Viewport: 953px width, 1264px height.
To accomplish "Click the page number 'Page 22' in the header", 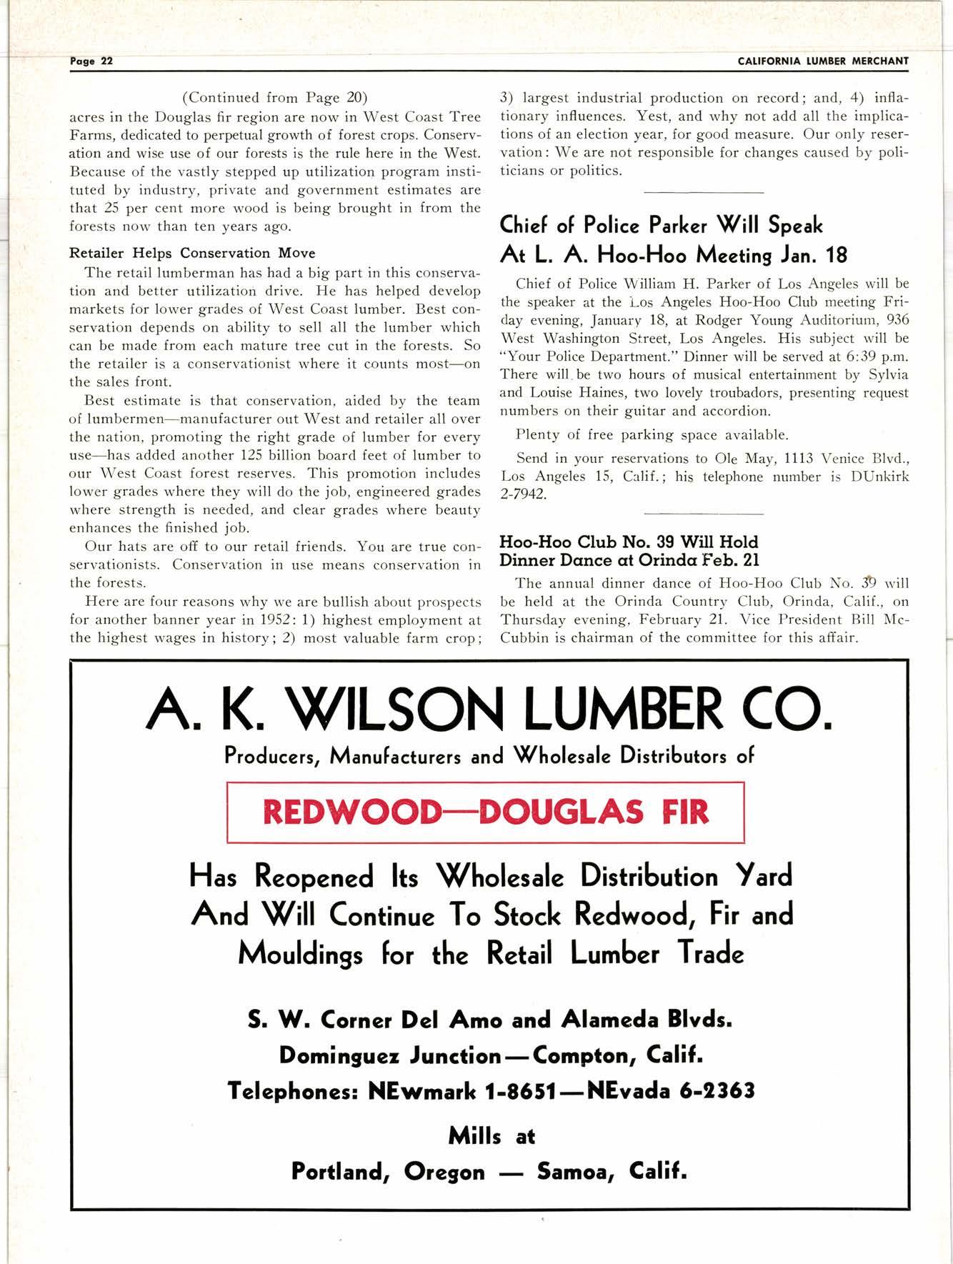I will coord(91,61).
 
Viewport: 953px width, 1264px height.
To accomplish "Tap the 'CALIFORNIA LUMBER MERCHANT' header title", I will coord(823,61).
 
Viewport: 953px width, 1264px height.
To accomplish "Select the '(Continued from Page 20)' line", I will coord(275,98).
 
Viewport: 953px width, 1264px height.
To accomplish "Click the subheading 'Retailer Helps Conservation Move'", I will coord(191,253).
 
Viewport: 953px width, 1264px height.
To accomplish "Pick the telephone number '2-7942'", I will coord(524,494).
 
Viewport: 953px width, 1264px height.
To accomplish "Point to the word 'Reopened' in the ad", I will coord(314,876).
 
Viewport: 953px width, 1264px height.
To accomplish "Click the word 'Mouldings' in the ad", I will coord(300,953).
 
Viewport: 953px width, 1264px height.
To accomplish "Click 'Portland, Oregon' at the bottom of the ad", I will coord(388,1172).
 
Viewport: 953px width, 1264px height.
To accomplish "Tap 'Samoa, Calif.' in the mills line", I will coord(612,1172).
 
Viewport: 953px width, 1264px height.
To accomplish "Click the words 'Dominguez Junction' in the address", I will coord(390,1055).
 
